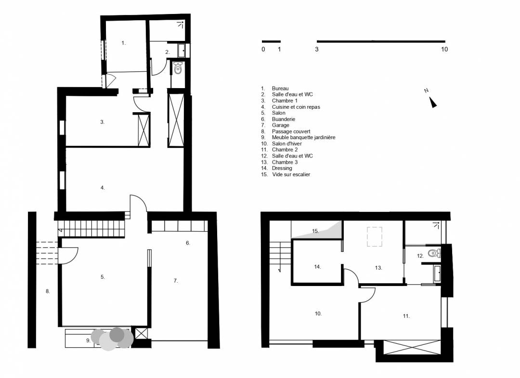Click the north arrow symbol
(433, 102)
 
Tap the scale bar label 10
(444, 50)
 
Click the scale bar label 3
(317, 50)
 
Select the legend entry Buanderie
(283, 119)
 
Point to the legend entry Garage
(280, 125)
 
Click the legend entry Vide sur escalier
(291, 174)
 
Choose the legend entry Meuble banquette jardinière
(303, 137)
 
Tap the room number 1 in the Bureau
(123, 43)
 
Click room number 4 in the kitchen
(103, 188)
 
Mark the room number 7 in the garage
(175, 281)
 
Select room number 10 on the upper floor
(318, 313)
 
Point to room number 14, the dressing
(317, 267)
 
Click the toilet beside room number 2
(178, 68)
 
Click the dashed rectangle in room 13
(375, 236)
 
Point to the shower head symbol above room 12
(436, 225)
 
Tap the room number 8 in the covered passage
(47, 291)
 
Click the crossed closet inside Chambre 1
(143, 130)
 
